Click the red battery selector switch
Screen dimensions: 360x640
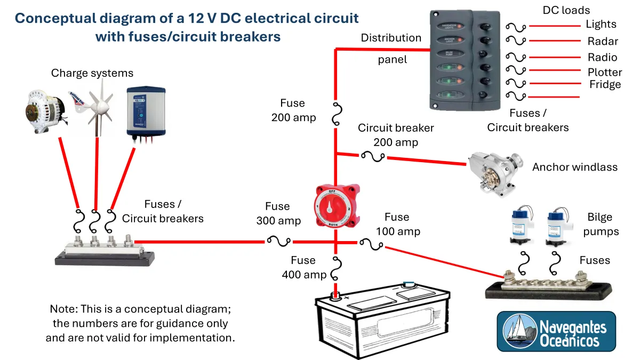pyautogui.click(x=336, y=205)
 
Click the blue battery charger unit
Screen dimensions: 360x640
pyautogui.click(x=145, y=111)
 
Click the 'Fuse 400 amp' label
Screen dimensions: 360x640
pyautogui.click(x=303, y=267)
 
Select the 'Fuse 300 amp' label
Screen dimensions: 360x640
pyautogui.click(x=278, y=213)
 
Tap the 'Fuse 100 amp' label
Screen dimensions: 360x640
pyautogui.click(x=397, y=224)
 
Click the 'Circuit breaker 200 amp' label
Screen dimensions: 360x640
pyautogui.click(x=396, y=135)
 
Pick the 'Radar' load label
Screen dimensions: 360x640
pyautogui.click(x=603, y=41)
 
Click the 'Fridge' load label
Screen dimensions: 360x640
pyautogui.click(x=605, y=84)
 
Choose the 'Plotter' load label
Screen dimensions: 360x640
pyautogui.click(x=605, y=72)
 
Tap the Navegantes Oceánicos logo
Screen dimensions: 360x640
pyautogui.click(x=556, y=332)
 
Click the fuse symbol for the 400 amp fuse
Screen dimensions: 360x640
pyautogui.click(x=336, y=269)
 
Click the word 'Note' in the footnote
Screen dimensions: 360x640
pyautogui.click(x=63, y=309)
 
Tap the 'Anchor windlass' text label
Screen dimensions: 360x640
pyautogui.click(x=574, y=167)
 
